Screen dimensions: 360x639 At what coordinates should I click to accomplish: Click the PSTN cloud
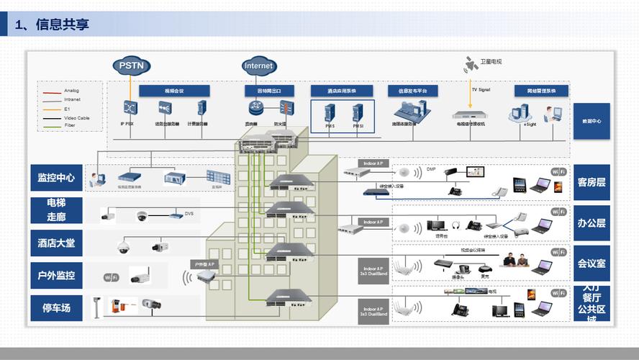131,66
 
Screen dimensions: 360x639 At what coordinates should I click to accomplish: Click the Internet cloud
258,66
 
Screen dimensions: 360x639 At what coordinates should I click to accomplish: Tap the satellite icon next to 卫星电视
471,64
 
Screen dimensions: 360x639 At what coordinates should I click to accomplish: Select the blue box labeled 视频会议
174,91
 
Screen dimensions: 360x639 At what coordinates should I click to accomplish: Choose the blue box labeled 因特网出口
269,91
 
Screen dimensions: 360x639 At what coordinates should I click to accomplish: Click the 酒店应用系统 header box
341,91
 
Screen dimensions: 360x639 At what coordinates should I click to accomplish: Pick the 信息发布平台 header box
412,91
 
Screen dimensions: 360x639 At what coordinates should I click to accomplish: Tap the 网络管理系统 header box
541,91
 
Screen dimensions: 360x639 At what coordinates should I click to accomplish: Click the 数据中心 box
591,121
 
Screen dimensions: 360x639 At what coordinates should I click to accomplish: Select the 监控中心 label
56,177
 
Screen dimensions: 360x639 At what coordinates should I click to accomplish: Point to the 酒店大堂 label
56,243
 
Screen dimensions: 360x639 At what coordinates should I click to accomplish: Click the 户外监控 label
56,275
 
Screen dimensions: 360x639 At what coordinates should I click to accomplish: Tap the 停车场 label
56,307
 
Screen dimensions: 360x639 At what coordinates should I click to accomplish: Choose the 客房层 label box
591,182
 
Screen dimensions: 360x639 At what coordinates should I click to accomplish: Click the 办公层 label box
591,222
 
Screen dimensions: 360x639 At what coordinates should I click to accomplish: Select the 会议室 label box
591,263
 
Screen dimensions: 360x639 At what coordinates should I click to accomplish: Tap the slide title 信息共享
63,24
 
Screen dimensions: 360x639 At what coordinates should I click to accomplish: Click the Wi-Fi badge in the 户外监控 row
111,277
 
